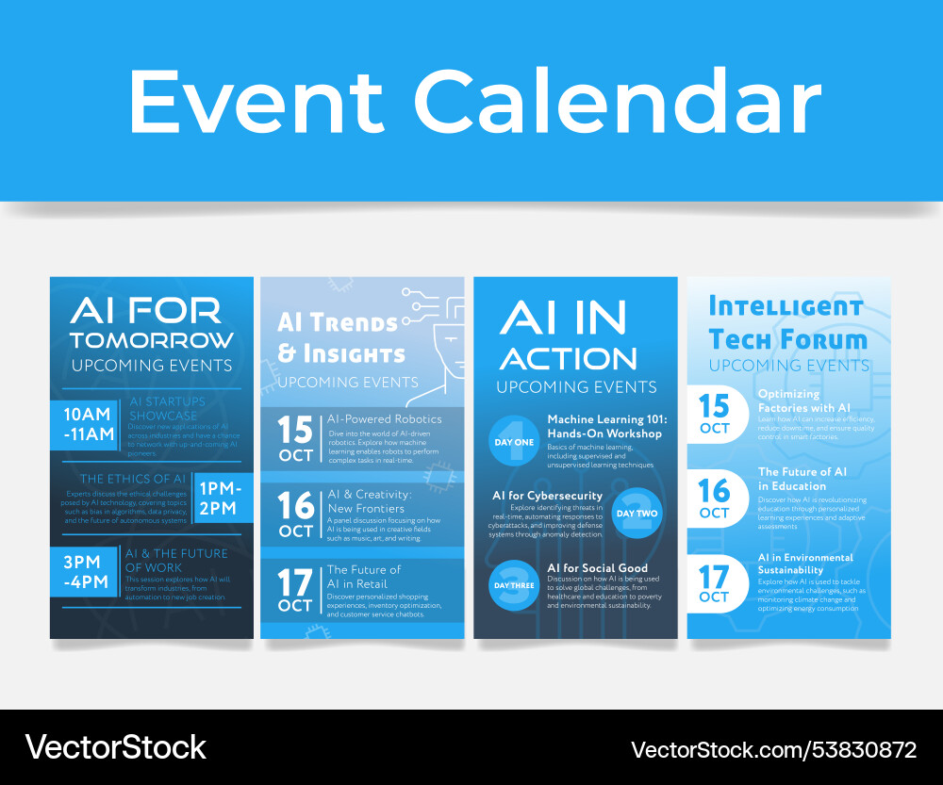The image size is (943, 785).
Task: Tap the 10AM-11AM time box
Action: (x=87, y=424)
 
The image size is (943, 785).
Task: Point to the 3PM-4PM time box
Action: (x=87, y=571)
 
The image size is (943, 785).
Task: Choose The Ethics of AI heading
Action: (x=132, y=479)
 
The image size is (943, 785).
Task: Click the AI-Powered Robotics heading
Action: (x=384, y=418)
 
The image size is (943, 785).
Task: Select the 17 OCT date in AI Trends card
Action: (x=295, y=590)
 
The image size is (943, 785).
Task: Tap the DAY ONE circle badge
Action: (x=513, y=441)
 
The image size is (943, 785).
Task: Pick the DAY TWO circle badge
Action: (x=637, y=514)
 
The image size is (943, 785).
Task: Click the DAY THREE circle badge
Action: (x=513, y=585)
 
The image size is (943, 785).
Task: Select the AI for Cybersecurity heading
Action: (x=547, y=496)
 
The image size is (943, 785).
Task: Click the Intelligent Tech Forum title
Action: (x=786, y=322)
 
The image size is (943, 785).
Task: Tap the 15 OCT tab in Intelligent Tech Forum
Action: (x=715, y=413)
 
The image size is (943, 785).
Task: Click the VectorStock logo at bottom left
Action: (x=115, y=747)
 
